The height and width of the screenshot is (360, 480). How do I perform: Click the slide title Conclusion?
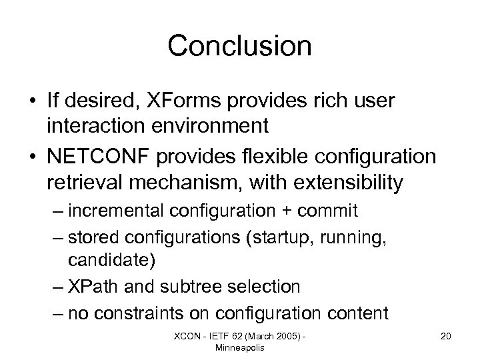(239, 46)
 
